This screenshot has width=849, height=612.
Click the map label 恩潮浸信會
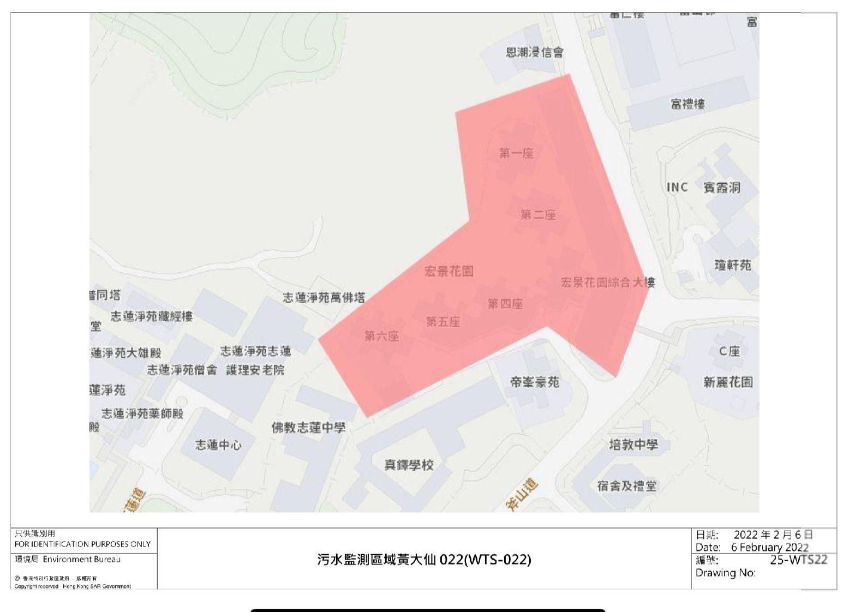pos(534,52)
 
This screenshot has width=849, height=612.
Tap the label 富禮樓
pos(687,104)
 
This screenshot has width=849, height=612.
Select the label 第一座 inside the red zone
pos(516,153)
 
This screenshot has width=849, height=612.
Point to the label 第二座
pos(538,214)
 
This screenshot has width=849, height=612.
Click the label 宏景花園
pos(449,271)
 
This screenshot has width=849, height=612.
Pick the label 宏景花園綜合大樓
pos(608,283)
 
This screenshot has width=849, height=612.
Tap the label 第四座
pos(505,304)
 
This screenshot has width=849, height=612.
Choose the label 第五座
pos(443,322)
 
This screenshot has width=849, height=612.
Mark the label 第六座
pos(381,336)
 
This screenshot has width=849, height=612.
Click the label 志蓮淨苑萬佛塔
pos(324,297)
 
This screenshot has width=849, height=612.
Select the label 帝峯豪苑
pos(534,382)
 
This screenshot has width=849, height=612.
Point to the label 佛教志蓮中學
pos(308,428)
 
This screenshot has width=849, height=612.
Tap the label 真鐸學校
pos(409,465)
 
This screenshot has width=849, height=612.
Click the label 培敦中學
pos(633,445)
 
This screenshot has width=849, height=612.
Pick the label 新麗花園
pos(728,382)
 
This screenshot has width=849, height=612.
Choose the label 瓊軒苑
pos(732,265)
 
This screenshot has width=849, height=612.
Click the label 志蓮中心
pos(218,445)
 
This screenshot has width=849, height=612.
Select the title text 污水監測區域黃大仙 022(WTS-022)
pos(424,560)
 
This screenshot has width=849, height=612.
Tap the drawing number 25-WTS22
pos(798,560)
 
